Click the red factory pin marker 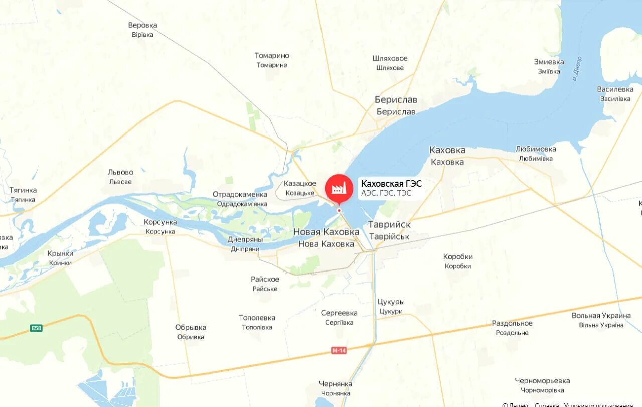(x=339, y=188)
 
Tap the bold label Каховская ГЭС (x=391, y=184)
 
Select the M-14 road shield (x=339, y=350)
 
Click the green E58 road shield (x=36, y=328)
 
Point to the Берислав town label (x=396, y=100)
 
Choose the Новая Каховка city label (x=326, y=232)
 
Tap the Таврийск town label (x=389, y=225)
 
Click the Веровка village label (x=142, y=25)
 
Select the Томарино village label (x=272, y=56)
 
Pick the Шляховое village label (x=390, y=58)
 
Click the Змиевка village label (x=549, y=62)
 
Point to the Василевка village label (x=615, y=89)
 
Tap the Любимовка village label (x=536, y=149)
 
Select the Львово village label (x=120, y=172)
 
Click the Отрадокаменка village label (x=240, y=194)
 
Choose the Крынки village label (x=60, y=253)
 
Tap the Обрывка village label (x=191, y=327)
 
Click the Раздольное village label (x=512, y=323)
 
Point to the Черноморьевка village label (x=542, y=381)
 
